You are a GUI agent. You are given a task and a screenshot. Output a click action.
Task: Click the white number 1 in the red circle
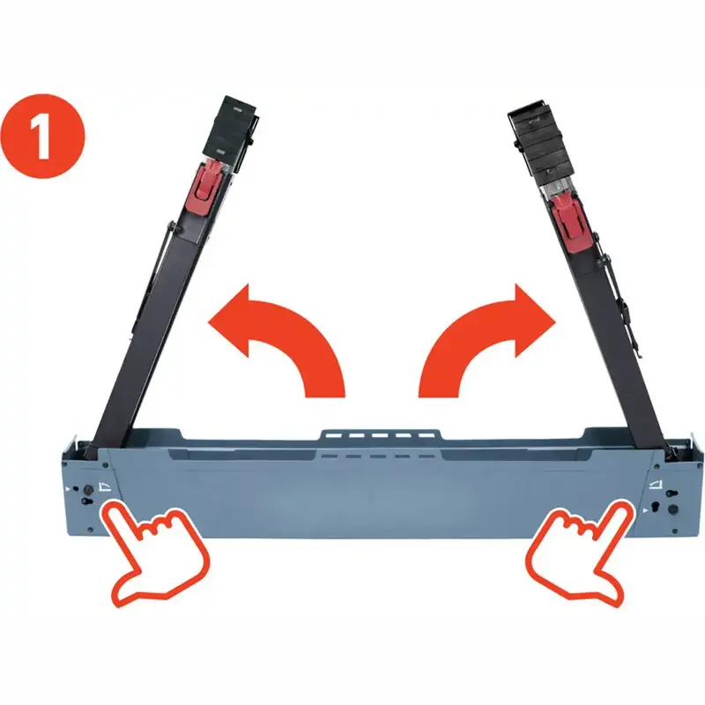click(41, 136)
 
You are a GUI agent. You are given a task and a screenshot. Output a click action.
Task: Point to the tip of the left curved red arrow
click(209, 322)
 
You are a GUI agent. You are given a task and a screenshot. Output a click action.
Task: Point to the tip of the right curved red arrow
click(556, 321)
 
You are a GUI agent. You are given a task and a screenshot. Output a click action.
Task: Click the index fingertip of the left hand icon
click(109, 509)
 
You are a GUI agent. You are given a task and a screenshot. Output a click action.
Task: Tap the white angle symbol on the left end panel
click(104, 486)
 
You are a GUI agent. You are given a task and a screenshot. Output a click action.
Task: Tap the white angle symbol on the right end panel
click(656, 485)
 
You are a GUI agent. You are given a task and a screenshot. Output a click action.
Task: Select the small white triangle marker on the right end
click(645, 511)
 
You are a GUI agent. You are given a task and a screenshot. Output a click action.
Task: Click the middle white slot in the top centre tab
click(379, 436)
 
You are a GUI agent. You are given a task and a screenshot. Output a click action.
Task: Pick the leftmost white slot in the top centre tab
click(332, 436)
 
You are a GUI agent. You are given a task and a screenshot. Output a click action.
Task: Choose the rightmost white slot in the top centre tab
click(426, 435)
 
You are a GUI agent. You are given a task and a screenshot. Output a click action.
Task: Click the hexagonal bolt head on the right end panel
click(673, 509)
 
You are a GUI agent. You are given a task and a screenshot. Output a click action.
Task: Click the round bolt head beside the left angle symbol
click(85, 489)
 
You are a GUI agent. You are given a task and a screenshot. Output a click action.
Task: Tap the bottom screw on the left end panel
click(91, 531)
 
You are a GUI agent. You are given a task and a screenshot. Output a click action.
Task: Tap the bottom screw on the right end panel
click(674, 531)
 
